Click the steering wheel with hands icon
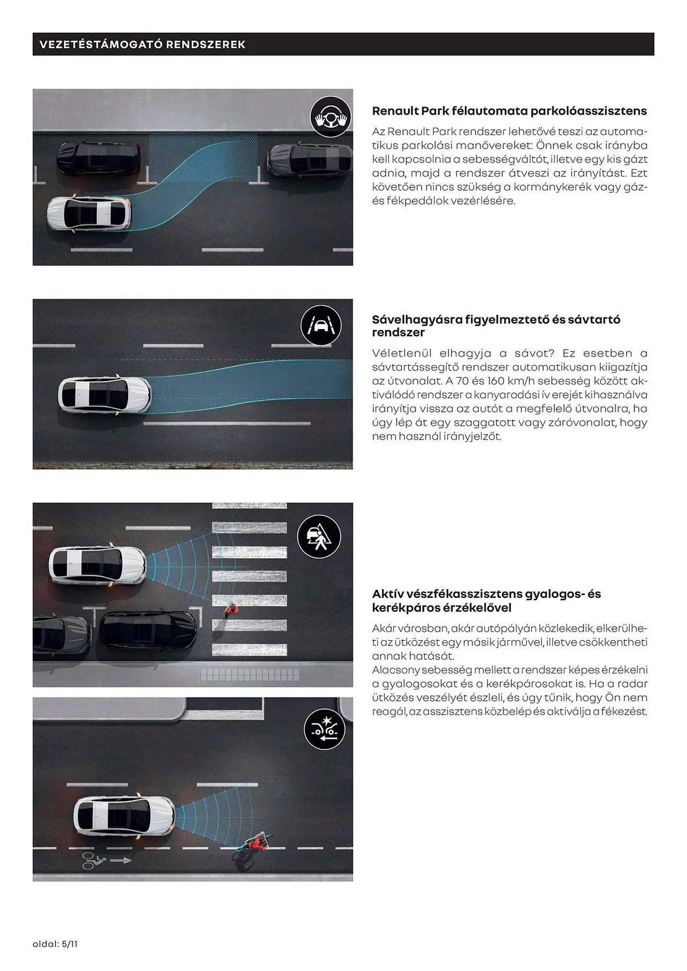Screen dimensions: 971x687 coord(330,117)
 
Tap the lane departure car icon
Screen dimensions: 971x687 coord(321,325)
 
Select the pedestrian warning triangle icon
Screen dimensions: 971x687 coord(319,536)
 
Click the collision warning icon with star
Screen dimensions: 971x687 coord(324,729)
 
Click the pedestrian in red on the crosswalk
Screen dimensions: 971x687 coord(231,609)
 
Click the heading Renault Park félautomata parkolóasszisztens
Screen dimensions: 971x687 coord(509,111)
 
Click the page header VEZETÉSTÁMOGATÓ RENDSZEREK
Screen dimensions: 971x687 coord(142,45)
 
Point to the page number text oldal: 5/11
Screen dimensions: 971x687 coord(55,944)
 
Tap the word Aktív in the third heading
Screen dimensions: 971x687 coord(387,594)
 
